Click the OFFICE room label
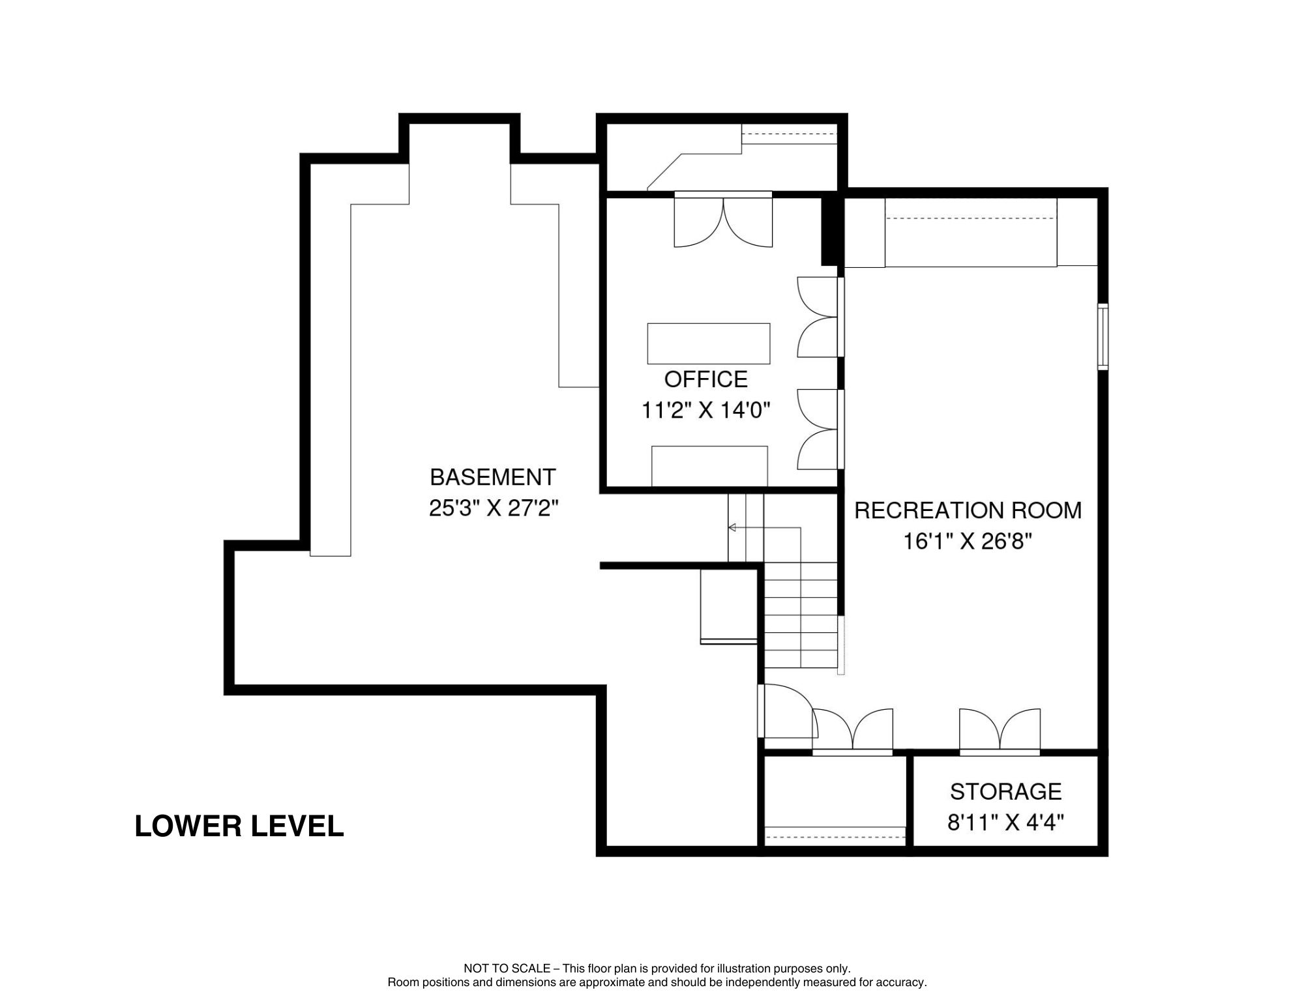[x=705, y=379]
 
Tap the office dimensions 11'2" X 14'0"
[x=706, y=411]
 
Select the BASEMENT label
[x=493, y=477]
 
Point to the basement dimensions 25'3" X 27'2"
[x=494, y=508]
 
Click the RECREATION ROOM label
[x=968, y=510]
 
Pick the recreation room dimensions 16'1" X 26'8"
[x=968, y=542]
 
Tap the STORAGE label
[x=1005, y=791]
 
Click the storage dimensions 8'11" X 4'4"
[x=1005, y=823]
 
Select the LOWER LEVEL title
[x=239, y=826]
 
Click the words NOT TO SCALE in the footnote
[x=507, y=969]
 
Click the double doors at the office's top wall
[x=723, y=220]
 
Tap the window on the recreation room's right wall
[x=1103, y=337]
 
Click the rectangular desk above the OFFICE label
[x=709, y=343]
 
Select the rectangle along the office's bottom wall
[x=709, y=466]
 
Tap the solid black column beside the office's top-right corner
[x=828, y=231]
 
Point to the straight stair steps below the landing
[x=801, y=615]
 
